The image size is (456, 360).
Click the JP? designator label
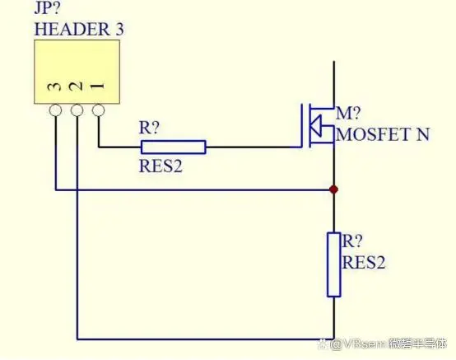(48, 8)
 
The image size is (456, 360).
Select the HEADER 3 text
(79, 30)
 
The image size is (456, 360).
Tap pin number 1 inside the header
(98, 86)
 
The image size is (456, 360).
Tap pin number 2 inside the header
(77, 86)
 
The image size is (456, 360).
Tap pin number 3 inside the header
(55, 86)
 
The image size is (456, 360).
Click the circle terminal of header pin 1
(98, 110)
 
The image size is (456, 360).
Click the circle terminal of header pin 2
(77, 110)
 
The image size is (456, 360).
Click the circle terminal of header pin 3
(55, 110)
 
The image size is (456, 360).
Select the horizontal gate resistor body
(174, 147)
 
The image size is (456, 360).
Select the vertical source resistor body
(334, 264)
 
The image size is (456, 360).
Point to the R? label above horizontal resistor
(150, 128)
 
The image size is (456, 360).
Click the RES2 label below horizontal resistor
(161, 166)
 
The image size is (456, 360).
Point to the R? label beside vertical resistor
(352, 241)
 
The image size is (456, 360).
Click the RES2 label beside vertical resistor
(364, 263)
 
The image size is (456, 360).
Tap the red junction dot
(334, 189)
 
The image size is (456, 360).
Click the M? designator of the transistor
(348, 113)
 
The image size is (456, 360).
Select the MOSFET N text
(383, 134)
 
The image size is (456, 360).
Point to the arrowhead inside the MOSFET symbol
(315, 126)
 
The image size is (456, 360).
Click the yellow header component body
(77, 72)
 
